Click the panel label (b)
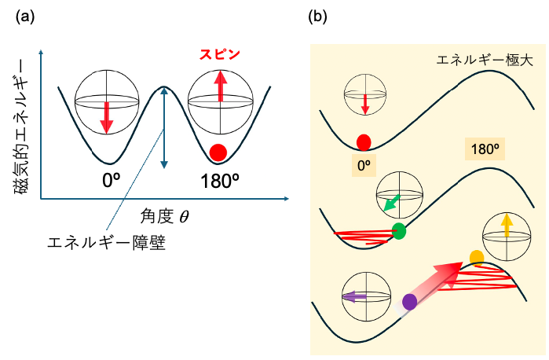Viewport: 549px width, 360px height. (320, 15)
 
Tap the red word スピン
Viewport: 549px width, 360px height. (219, 55)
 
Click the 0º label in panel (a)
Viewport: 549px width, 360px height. (111, 181)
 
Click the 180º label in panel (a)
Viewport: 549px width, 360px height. (219, 181)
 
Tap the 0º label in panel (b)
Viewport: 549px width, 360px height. (364, 166)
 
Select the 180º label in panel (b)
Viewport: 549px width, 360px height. (482, 149)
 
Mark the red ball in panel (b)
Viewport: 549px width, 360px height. (364, 142)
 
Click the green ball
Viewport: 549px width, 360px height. (399, 231)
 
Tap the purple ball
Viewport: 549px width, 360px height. (409, 301)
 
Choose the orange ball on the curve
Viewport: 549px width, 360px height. (476, 257)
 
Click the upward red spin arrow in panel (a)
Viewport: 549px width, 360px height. (221, 86)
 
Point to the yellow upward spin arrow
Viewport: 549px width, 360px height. (507, 226)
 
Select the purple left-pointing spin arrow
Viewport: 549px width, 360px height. (354, 297)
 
